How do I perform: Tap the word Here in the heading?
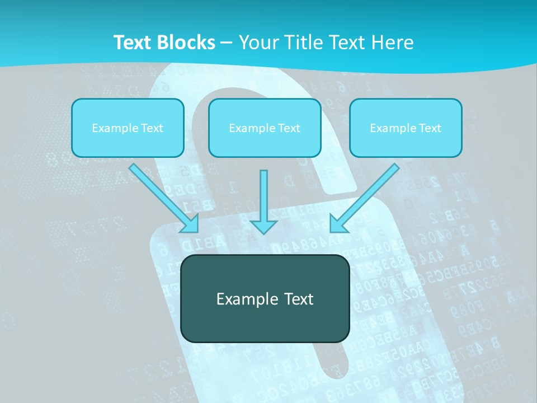tap(392, 43)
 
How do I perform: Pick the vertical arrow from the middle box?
tap(263, 196)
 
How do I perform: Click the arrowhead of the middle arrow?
tap(263, 227)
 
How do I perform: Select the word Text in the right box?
tap(430, 128)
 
